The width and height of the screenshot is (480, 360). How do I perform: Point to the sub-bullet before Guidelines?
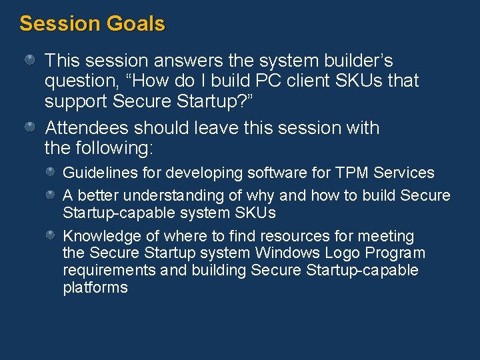pyautogui.click(x=51, y=173)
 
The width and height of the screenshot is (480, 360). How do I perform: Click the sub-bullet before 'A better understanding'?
pyautogui.click(x=51, y=195)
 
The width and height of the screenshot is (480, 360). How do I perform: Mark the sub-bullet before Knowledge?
pyautogui.click(x=51, y=236)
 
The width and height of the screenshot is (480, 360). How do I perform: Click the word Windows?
pyautogui.click(x=280, y=254)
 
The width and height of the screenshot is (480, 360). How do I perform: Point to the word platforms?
pyautogui.click(x=95, y=288)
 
